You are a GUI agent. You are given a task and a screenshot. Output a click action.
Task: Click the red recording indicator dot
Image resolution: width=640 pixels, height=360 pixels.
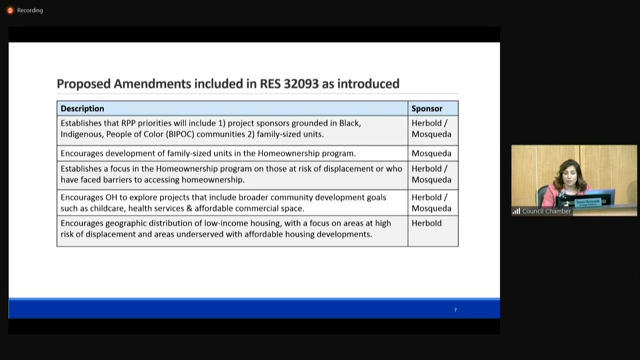point(10,10)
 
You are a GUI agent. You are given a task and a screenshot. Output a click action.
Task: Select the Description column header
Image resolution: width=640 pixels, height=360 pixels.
point(82,108)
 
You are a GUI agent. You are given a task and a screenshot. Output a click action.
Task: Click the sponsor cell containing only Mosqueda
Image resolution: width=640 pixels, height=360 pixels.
point(431,153)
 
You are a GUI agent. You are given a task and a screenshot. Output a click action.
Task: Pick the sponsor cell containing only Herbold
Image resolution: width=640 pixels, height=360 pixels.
point(427,224)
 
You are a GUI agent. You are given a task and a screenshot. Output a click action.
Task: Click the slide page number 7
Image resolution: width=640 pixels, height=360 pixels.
point(455,310)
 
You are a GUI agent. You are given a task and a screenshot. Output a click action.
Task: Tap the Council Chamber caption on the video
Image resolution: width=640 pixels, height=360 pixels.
point(545,211)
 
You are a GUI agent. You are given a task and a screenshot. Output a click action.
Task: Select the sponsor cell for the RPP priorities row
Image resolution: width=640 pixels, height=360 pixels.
point(432,129)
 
